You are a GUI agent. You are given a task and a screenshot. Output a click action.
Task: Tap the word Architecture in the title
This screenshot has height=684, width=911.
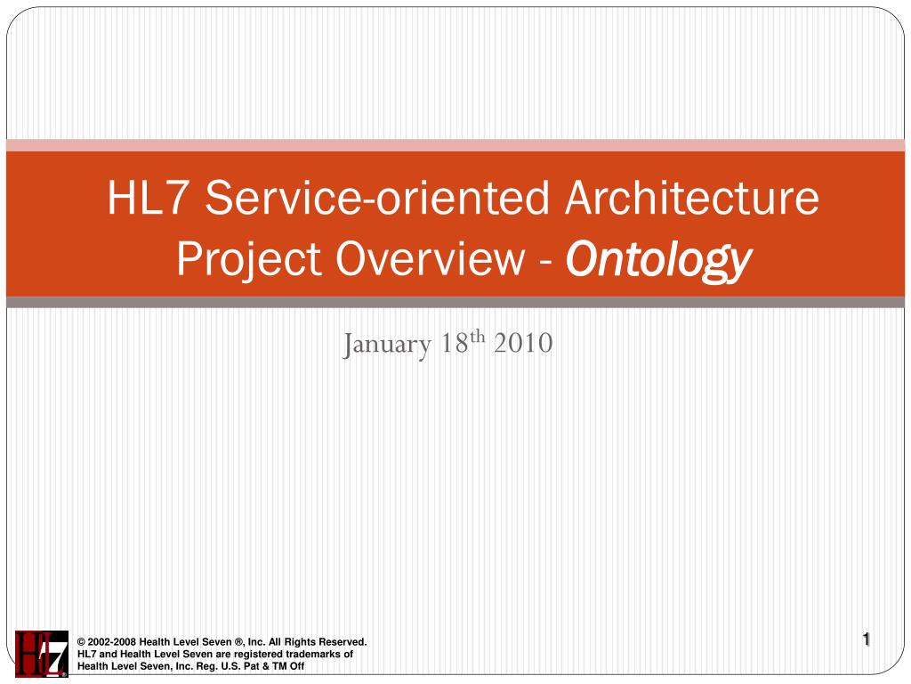point(691,199)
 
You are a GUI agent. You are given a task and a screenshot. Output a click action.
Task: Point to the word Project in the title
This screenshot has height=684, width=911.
point(236,259)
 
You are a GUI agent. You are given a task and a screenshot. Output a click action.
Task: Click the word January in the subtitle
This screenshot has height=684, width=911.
point(387,343)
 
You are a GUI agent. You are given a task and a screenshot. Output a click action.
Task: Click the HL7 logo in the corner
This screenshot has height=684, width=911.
point(41,654)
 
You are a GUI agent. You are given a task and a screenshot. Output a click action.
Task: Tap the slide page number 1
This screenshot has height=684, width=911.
point(866,639)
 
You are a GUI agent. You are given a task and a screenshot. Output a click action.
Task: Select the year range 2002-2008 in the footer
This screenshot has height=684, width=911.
point(113,642)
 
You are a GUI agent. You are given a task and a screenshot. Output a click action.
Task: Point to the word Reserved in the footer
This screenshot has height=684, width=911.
point(343,642)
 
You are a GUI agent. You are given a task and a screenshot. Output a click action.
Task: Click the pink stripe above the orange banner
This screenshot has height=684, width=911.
point(455,145)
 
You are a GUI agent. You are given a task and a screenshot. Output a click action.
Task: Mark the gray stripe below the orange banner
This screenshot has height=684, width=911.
point(455,303)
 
